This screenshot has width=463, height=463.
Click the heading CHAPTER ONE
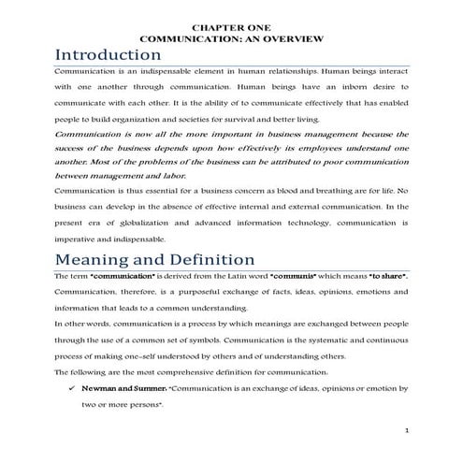[x=230, y=27]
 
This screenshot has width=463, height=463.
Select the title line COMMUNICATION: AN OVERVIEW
[x=230, y=38]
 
